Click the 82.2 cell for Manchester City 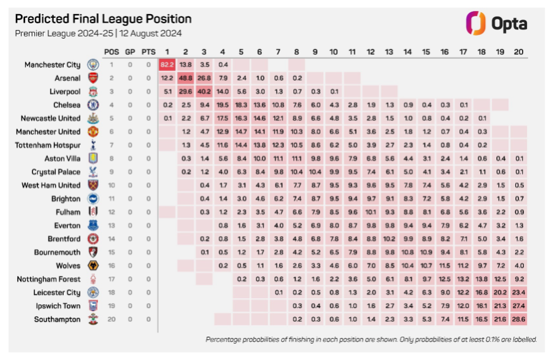(167, 64)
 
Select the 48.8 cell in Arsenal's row (185, 78)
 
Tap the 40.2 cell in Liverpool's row (204, 91)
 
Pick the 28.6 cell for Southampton (518, 320)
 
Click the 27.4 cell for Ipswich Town (518, 306)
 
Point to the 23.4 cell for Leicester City (518, 293)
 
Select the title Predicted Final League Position (103, 19)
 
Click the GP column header (130, 52)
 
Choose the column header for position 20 (518, 52)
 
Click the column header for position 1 (167, 52)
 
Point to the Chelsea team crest (93, 105)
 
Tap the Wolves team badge (93, 266)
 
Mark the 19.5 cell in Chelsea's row (223, 105)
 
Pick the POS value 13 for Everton (112, 226)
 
